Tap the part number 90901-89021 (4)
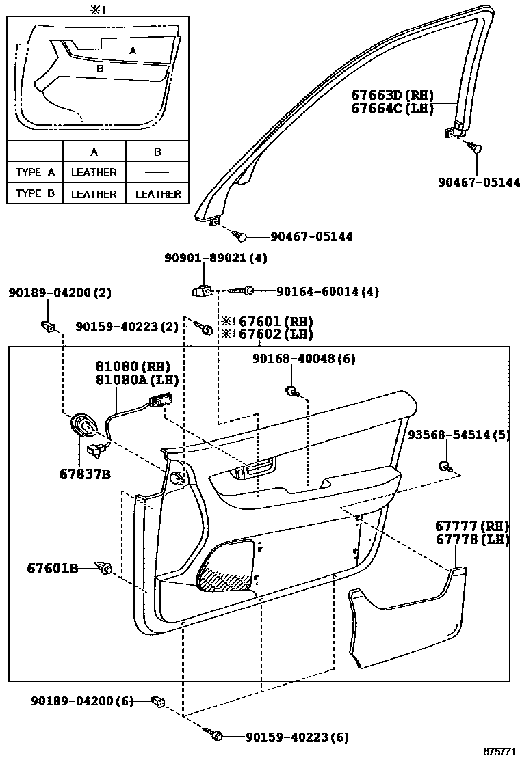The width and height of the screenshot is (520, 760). [x=216, y=258]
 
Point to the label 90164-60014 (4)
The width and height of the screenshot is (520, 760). [x=327, y=292]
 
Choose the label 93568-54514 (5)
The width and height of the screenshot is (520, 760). [x=458, y=435]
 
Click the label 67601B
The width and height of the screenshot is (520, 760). [x=53, y=568]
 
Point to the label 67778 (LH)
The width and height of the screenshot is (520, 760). [x=472, y=539]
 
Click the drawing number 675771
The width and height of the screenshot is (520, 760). [x=499, y=750]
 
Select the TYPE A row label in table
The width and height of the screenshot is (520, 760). [x=35, y=172]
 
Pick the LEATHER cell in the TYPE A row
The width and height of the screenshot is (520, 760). [x=94, y=172]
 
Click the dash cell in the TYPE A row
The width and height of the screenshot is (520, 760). [x=157, y=172]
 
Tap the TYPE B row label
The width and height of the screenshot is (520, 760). [x=35, y=193]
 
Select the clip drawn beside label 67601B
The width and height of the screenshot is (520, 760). [x=105, y=567]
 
